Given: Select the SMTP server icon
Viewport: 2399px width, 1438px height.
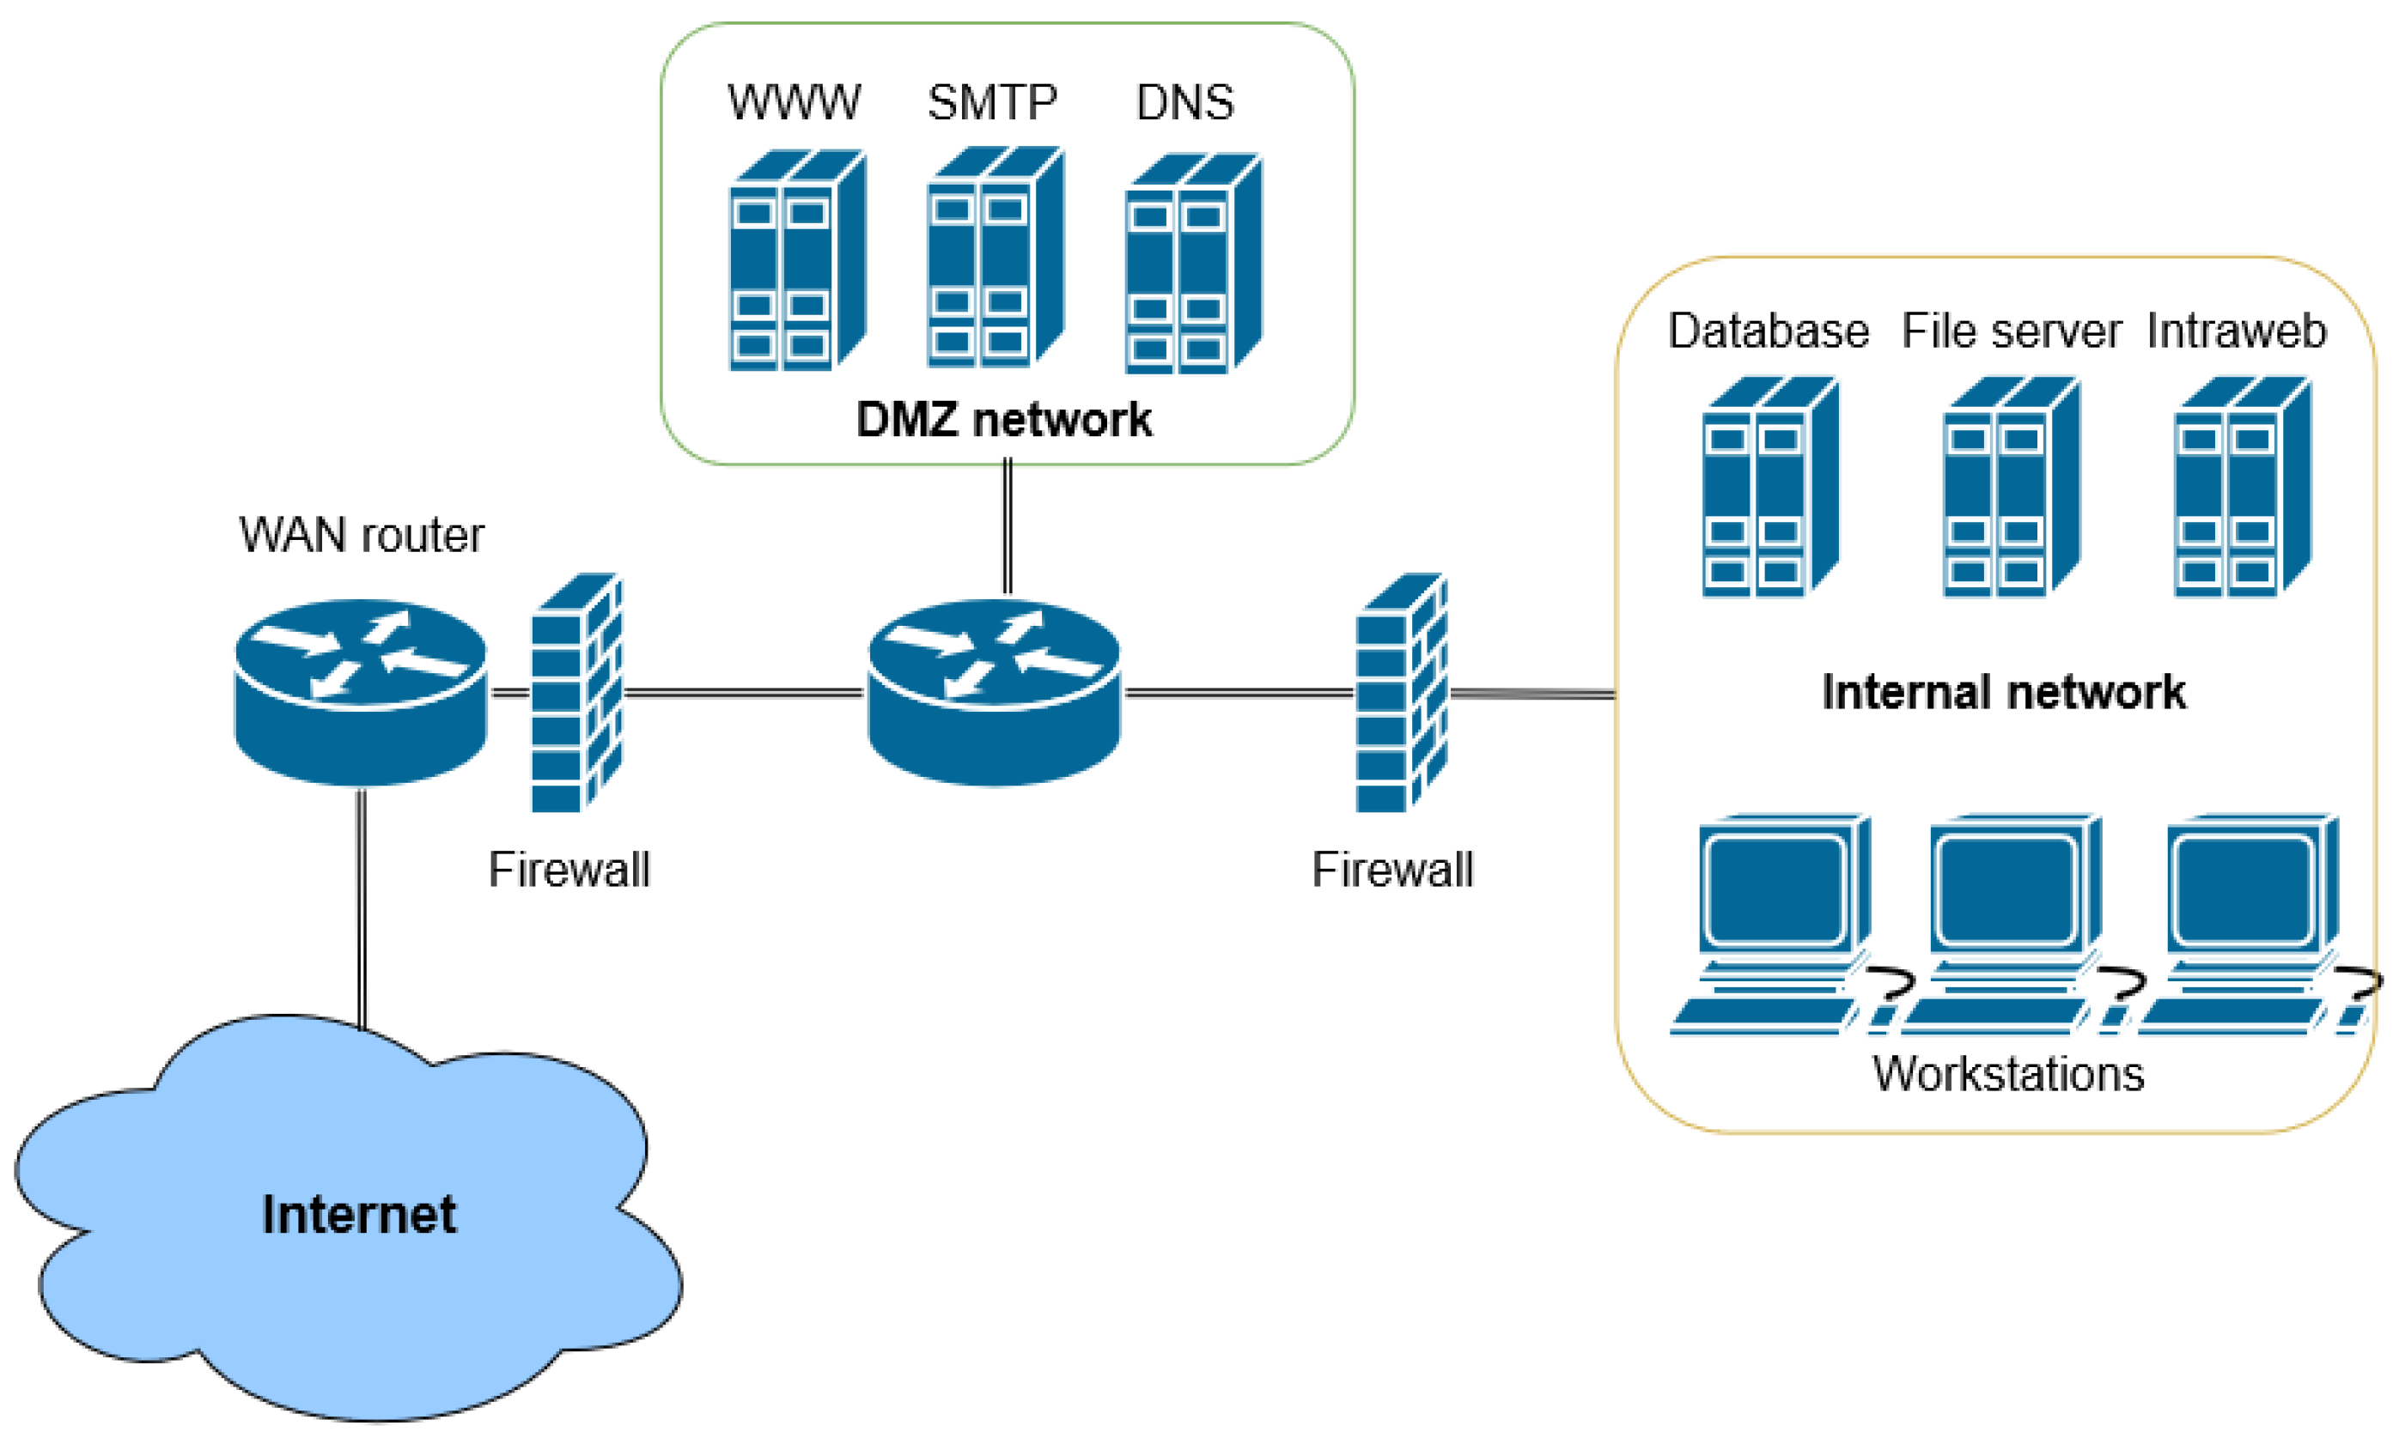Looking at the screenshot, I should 995,258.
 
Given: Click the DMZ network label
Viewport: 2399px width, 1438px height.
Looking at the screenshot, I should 1004,420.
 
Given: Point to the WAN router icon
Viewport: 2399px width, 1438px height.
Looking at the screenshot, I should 361,692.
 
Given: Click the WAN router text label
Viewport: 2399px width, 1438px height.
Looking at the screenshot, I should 361,535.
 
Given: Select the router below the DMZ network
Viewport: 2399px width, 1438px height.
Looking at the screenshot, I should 995,692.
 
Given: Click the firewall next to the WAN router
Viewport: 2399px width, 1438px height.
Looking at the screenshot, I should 576,692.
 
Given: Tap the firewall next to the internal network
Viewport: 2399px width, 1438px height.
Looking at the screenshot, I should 1401,692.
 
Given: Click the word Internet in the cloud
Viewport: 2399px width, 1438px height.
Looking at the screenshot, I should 359,1214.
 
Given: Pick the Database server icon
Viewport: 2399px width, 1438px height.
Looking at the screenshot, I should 1770,487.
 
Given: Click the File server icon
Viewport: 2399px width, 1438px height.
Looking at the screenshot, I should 2012,487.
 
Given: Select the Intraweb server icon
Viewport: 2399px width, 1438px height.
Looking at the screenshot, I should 2242,487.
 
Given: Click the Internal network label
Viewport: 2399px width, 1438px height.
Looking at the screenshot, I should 2004,692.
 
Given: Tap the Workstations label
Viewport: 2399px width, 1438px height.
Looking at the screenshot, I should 2008,1074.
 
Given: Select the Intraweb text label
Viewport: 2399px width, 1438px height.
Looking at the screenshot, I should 2236,331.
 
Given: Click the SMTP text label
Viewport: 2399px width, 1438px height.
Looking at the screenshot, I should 991,103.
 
